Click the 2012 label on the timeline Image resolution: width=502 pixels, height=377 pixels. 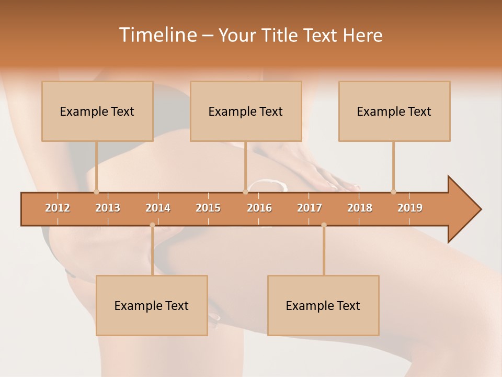point(58,208)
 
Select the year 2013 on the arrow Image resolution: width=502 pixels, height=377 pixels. point(108,208)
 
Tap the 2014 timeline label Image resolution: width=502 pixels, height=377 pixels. point(158,208)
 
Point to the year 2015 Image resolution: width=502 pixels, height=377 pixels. point(208,208)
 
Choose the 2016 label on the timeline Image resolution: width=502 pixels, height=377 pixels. point(259,208)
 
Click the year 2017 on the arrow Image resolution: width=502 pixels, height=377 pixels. point(310,208)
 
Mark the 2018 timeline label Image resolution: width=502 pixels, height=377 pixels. point(360,208)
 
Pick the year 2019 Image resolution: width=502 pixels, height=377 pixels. point(410,208)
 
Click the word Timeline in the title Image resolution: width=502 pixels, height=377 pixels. point(157,35)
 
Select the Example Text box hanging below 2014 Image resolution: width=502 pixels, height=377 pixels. point(152,305)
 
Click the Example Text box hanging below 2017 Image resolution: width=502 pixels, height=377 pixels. point(323,305)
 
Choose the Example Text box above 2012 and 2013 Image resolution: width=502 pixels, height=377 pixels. point(97,111)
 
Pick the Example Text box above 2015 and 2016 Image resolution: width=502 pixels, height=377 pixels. point(246,111)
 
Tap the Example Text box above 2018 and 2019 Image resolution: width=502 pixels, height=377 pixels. point(394,111)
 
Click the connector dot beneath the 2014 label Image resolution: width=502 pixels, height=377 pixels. point(152,225)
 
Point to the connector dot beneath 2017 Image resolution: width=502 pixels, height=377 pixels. point(324,225)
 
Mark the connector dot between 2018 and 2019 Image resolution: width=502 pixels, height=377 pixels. point(393,192)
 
